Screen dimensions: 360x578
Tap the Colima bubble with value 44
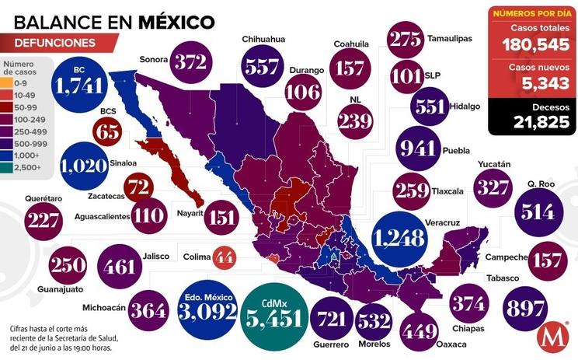224,256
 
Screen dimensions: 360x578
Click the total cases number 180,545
531,44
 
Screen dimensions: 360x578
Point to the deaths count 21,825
531,120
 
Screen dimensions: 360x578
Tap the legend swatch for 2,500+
6,167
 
